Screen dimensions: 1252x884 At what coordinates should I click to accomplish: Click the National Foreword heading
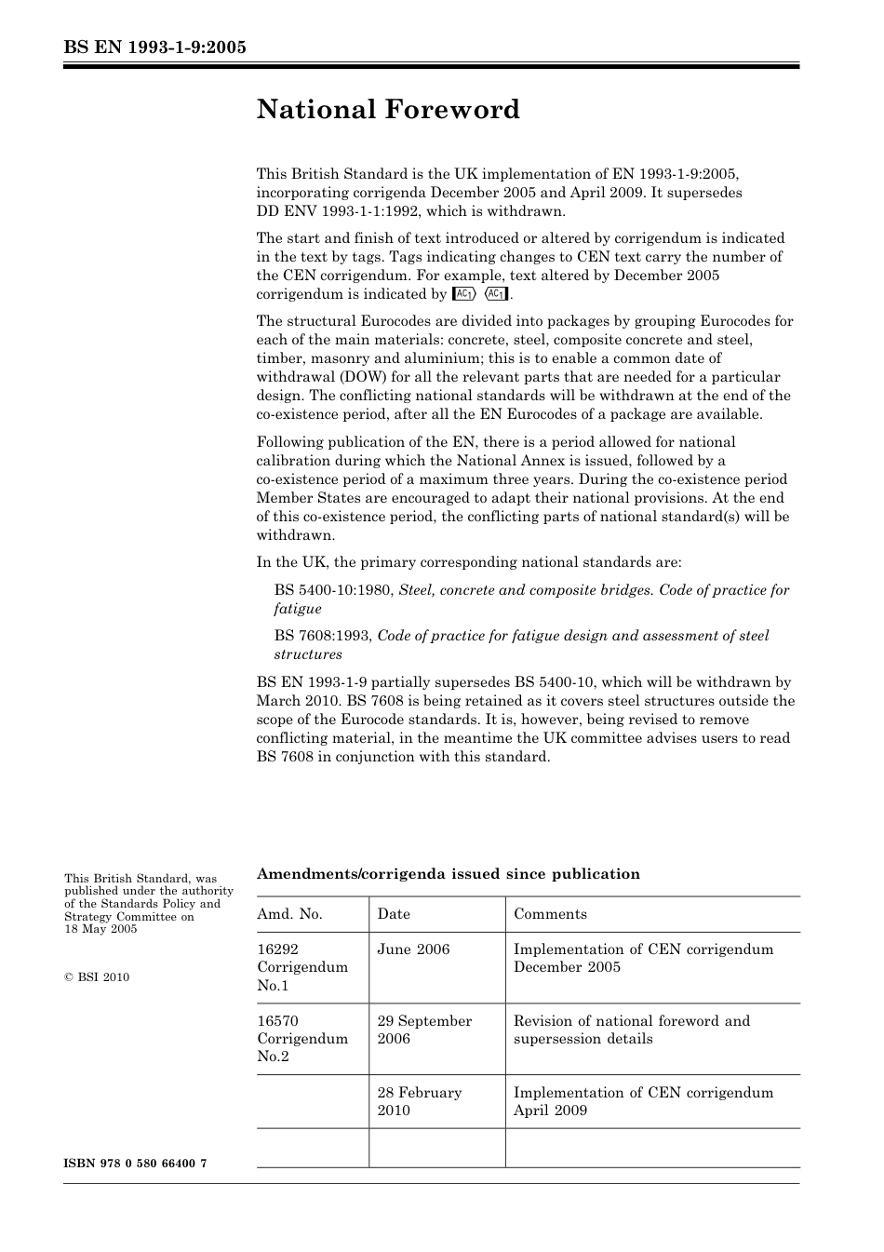coord(388,110)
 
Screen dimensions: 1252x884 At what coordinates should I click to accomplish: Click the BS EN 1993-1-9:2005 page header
coord(154,47)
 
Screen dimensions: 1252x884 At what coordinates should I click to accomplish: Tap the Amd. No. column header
coord(289,914)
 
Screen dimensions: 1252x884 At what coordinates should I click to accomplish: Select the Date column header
coord(394,914)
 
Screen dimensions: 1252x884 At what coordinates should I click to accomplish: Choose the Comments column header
coord(550,914)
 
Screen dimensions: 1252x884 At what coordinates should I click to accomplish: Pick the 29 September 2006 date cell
coord(424,1030)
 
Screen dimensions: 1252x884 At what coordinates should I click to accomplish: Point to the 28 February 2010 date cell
coord(419,1101)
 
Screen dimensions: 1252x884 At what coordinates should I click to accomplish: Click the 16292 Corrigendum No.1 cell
coord(302,967)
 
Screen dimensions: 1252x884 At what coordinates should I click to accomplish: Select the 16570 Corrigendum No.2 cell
coord(302,1039)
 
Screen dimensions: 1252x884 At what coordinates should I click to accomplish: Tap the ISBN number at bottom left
coord(135,1164)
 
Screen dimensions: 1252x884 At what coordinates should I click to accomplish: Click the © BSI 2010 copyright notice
coord(97,977)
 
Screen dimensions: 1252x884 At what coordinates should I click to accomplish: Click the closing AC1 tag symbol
coord(497,294)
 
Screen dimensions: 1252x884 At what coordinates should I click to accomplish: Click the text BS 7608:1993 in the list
coord(323,636)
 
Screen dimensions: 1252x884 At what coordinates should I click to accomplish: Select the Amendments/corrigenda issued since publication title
coord(448,874)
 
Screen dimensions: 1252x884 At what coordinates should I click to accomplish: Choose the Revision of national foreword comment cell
coord(631,1030)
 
